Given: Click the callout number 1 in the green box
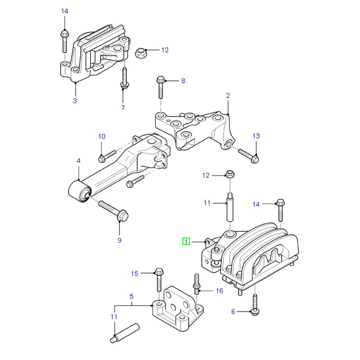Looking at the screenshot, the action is (x=186, y=241).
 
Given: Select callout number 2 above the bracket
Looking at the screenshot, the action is (x=228, y=95).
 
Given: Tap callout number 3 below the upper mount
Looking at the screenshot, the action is (x=75, y=100).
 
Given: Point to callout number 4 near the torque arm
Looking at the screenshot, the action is (x=78, y=161).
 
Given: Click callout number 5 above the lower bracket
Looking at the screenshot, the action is (x=131, y=297).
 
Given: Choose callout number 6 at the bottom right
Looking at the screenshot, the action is (x=233, y=311).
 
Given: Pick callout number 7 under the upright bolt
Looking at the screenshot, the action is (x=123, y=108).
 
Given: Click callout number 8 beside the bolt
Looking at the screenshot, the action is (x=183, y=81).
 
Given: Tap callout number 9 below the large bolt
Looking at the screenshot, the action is (x=119, y=240).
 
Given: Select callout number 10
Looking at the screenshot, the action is (x=102, y=136).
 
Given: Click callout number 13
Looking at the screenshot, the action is (x=256, y=136).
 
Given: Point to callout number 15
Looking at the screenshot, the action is (x=135, y=274).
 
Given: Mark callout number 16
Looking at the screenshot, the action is (x=220, y=291).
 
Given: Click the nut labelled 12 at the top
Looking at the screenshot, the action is (x=140, y=53).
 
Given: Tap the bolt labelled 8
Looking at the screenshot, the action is (x=160, y=87).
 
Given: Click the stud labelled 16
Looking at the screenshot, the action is (x=197, y=284).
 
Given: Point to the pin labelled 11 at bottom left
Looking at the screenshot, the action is (x=125, y=333).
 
